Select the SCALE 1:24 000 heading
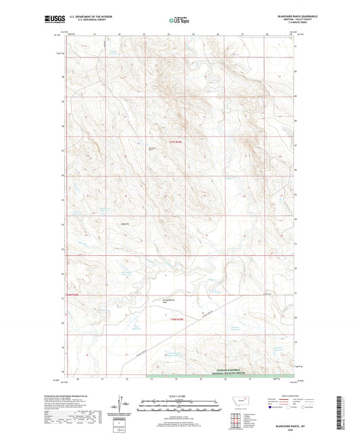pyautogui.click(x=180, y=396)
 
